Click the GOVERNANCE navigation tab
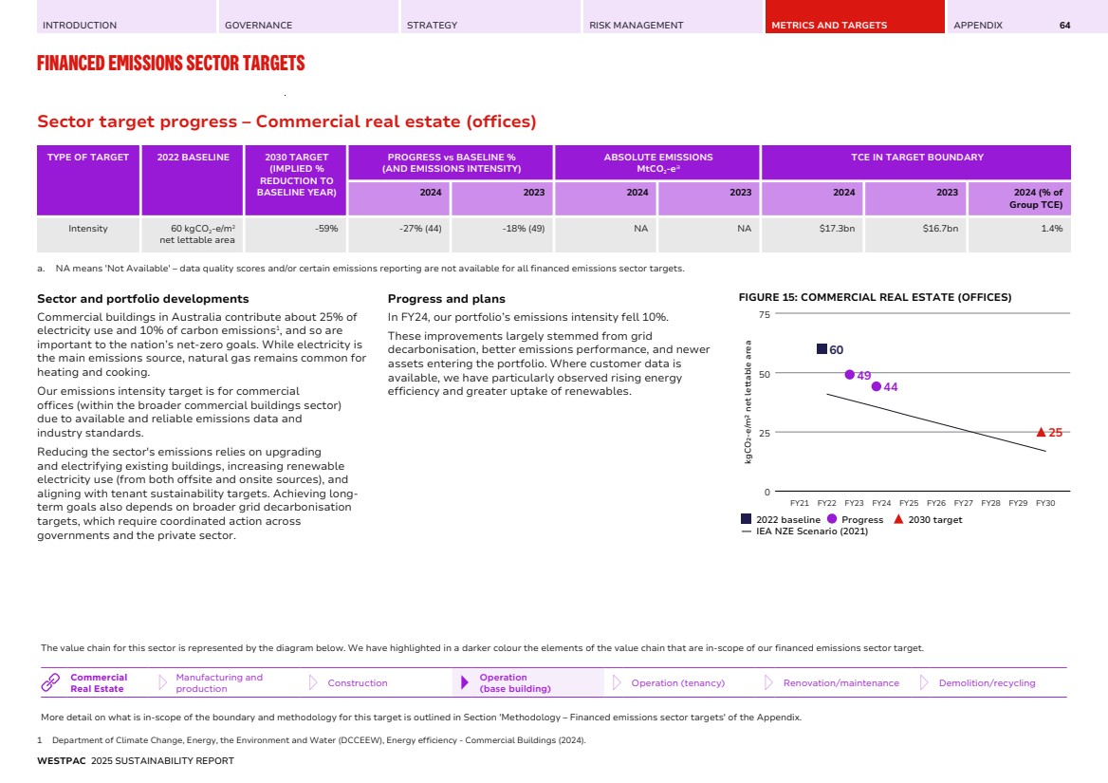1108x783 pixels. tap(258, 26)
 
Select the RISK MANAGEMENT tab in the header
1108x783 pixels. tap(636, 26)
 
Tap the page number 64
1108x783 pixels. tap(1064, 26)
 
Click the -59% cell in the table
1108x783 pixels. tap(325, 229)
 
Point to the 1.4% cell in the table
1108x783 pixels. tap(1050, 229)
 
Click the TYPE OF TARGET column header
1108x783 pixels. tap(88, 158)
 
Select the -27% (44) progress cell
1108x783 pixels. tap(420, 229)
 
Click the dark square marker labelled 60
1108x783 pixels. tap(822, 349)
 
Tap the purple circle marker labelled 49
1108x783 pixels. tap(849, 375)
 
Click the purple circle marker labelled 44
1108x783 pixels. tap(877, 386)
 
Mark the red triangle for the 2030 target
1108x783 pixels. tap(1042, 432)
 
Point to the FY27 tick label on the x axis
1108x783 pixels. tap(963, 503)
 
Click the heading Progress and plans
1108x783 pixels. tap(446, 299)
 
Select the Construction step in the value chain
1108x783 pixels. tap(357, 683)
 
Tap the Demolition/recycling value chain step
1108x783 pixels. tap(987, 683)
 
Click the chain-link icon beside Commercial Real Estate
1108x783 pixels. tap(51, 682)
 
